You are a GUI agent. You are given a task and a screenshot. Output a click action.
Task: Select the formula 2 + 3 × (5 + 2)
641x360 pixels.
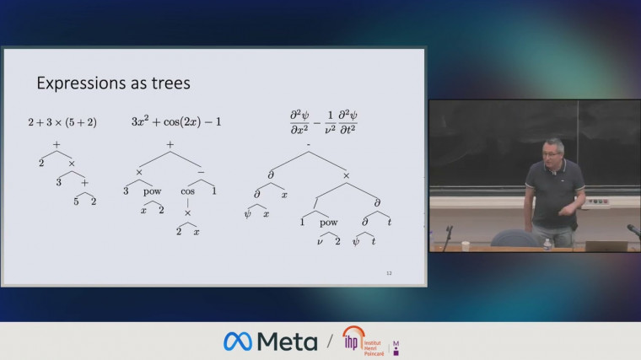[62, 122]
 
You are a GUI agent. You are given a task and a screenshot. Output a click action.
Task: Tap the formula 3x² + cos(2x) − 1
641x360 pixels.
[176, 121]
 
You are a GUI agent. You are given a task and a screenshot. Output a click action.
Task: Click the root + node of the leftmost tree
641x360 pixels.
[57, 145]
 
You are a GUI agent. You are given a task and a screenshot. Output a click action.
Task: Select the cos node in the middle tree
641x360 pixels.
[188, 191]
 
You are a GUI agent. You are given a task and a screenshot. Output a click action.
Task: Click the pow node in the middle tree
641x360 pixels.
[152, 191]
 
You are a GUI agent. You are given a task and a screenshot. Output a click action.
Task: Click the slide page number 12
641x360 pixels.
[389, 273]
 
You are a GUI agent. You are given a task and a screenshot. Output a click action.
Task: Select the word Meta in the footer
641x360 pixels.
[288, 341]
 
